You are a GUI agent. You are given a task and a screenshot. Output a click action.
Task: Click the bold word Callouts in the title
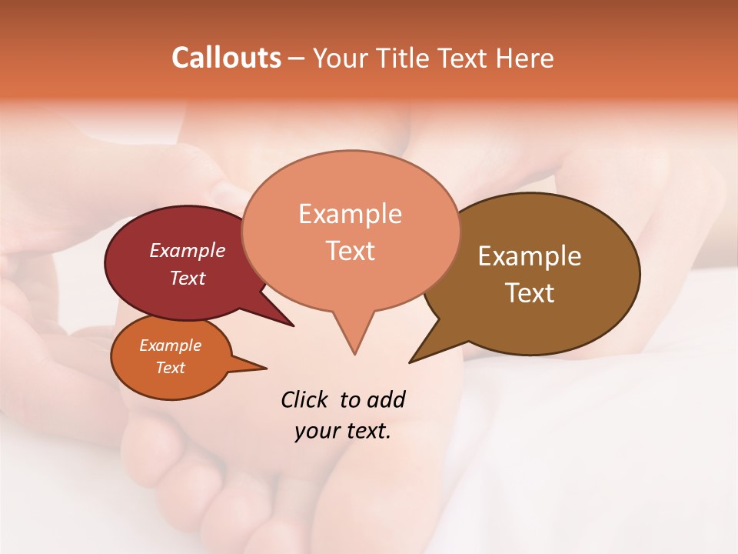pyautogui.click(x=226, y=58)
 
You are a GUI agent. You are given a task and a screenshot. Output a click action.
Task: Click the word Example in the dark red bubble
pyautogui.click(x=187, y=250)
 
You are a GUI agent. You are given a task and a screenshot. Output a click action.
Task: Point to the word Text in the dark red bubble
pyautogui.click(x=187, y=278)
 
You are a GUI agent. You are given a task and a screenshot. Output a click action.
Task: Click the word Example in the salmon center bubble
pyautogui.click(x=350, y=214)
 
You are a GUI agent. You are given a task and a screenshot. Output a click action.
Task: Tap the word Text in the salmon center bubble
pyautogui.click(x=350, y=250)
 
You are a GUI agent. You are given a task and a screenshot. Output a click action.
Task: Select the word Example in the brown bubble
pyautogui.click(x=530, y=256)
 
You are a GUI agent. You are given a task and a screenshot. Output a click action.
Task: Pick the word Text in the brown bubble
pyautogui.click(x=530, y=292)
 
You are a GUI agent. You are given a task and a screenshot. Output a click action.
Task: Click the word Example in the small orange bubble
pyautogui.click(x=170, y=345)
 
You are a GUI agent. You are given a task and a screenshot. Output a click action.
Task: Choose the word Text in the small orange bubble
pyautogui.click(x=170, y=368)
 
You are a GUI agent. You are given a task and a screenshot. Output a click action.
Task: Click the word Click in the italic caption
pyautogui.click(x=304, y=399)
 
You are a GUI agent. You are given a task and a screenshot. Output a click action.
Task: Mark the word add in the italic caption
pyautogui.click(x=386, y=399)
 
